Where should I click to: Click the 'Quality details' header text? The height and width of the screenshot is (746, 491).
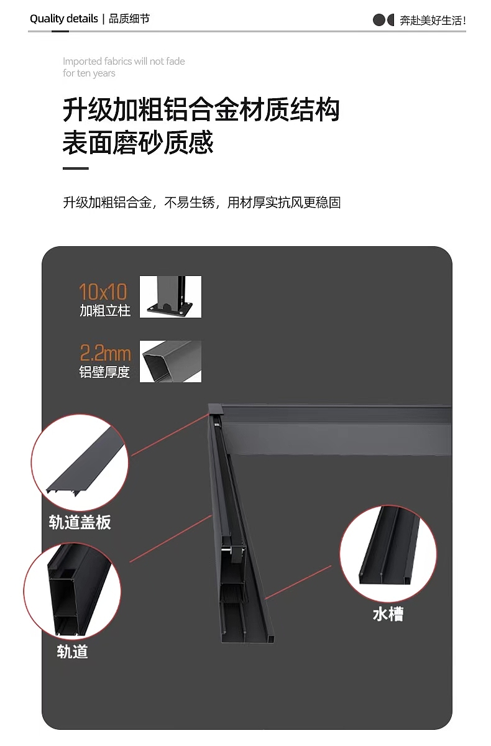click(63, 19)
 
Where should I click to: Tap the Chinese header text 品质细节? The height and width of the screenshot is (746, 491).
click(129, 19)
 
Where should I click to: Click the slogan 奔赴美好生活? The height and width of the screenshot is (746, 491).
click(433, 21)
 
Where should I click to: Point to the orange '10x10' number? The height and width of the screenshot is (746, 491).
click(103, 292)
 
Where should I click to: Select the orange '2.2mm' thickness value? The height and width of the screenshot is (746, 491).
click(105, 354)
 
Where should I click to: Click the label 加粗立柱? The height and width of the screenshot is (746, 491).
click(105, 310)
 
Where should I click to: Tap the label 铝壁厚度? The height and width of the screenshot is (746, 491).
click(105, 372)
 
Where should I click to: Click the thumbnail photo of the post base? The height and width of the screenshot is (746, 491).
click(170, 297)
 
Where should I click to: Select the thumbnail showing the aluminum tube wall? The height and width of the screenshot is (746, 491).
click(170, 361)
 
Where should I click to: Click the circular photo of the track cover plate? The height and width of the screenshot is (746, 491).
click(80, 462)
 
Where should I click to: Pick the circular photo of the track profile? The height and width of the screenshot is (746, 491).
click(73, 588)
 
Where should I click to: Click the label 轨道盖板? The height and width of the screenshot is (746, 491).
click(80, 522)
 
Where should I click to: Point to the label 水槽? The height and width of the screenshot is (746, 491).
click(388, 614)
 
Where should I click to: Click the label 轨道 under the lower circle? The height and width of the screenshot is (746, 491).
click(72, 652)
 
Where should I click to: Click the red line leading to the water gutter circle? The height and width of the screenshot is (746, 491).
click(305, 583)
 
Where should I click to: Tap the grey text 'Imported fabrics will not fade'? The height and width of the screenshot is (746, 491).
click(124, 61)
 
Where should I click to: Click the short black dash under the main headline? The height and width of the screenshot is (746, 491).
click(75, 168)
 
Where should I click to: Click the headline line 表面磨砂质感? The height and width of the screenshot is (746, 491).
click(138, 142)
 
